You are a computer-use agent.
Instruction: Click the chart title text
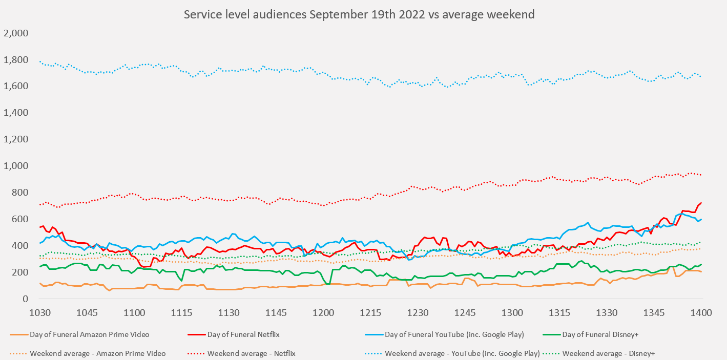pyautogui.click(x=359, y=14)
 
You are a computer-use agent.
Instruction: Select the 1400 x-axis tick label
pyautogui.click(x=701, y=313)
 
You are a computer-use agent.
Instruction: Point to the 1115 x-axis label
pyautogui.click(x=181, y=313)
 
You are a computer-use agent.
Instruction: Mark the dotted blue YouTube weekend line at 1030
pyautogui.click(x=40, y=61)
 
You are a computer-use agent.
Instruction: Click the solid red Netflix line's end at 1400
pyautogui.click(x=701, y=203)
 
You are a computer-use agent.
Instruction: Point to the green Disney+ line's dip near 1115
pyautogui.click(x=181, y=280)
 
